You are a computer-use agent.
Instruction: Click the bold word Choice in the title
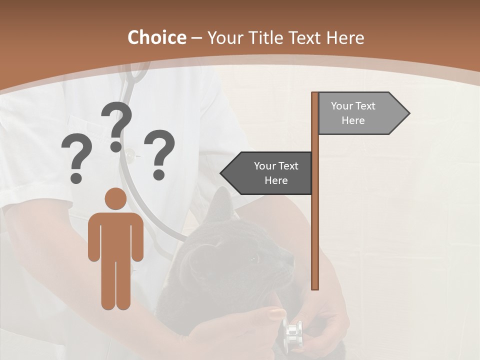click(x=156, y=38)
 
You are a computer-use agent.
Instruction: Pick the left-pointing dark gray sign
click(x=267, y=173)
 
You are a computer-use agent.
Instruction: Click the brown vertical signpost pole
click(x=315, y=200)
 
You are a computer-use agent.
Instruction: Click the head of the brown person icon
click(x=115, y=199)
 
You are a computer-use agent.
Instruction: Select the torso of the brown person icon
click(x=115, y=235)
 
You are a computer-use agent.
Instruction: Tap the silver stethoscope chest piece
click(x=292, y=332)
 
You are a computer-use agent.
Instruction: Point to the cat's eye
click(x=254, y=259)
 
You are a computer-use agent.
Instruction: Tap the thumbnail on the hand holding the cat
click(x=277, y=314)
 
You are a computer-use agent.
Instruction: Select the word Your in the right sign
click(x=341, y=106)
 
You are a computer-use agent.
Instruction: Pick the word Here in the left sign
click(x=276, y=180)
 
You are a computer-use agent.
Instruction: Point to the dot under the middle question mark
click(x=116, y=146)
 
